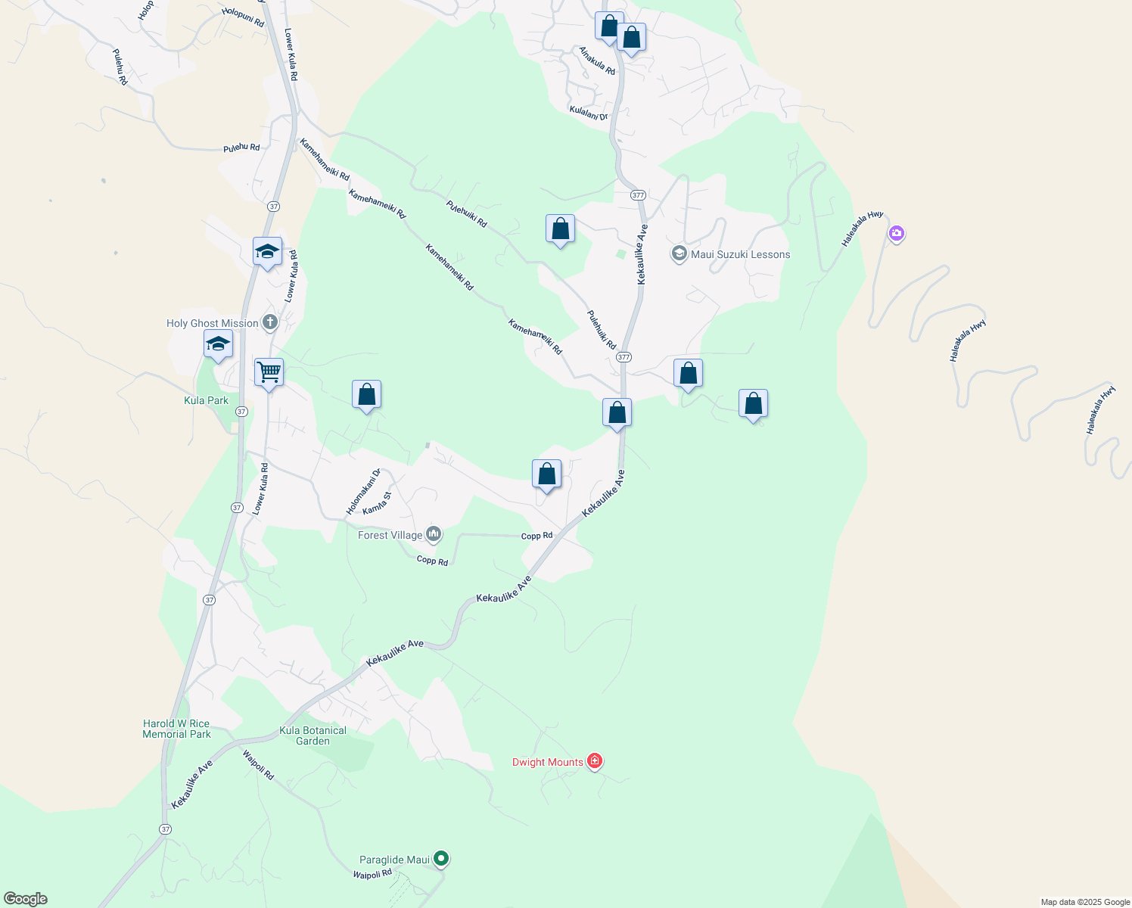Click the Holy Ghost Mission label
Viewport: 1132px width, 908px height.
click(212, 323)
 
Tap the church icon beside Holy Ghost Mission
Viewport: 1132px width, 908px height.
click(269, 322)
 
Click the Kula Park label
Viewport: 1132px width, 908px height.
click(206, 400)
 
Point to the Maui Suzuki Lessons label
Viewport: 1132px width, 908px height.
click(740, 254)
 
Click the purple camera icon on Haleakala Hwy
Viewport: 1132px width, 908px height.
click(897, 233)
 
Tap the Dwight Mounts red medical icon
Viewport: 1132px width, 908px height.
click(595, 761)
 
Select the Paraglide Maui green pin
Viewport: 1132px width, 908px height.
click(441, 859)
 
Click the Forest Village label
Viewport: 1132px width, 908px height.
click(390, 535)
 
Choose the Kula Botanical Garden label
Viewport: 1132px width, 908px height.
click(313, 735)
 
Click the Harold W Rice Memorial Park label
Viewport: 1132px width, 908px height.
click(176, 729)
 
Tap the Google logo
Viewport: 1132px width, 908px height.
click(26, 899)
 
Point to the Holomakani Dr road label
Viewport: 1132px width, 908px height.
click(363, 492)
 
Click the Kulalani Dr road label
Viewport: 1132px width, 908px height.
click(589, 113)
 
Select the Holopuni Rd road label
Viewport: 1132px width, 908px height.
click(243, 17)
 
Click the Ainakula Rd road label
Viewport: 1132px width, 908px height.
click(597, 61)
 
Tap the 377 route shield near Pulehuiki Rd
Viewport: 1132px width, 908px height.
click(624, 356)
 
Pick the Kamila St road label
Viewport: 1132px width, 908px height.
click(377, 504)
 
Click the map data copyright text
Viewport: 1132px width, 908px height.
click(1085, 902)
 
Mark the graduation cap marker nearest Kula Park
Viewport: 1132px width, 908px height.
click(218, 344)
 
